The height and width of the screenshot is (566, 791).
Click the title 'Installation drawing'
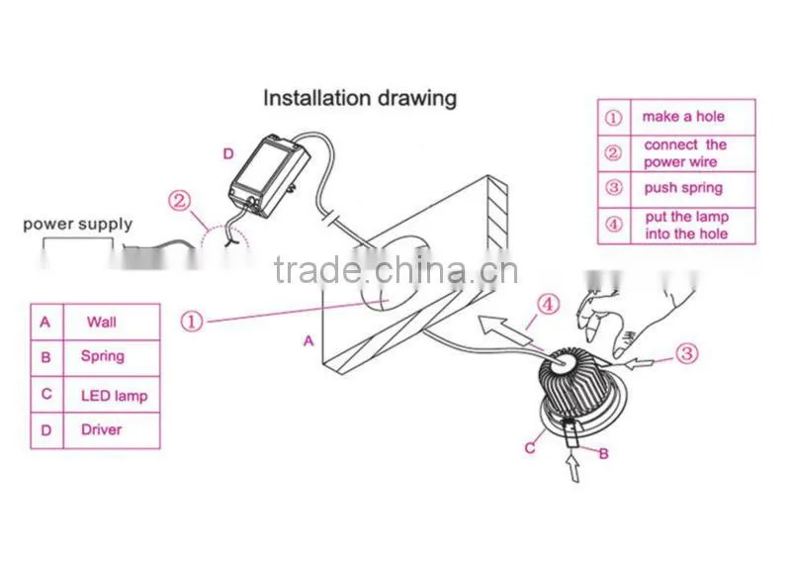pos(360,98)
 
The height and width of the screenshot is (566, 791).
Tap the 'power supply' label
pos(78,224)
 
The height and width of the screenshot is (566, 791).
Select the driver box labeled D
pos(268,174)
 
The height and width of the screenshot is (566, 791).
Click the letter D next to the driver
pos(228,154)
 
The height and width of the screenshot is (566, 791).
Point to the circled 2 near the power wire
pos(180,201)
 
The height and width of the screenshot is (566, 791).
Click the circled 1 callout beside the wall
pos(192,322)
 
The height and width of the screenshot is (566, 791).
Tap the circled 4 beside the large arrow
pos(548,305)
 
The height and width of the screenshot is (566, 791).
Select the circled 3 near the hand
pos(686,353)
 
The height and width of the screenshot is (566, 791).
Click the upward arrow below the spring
pos(572,468)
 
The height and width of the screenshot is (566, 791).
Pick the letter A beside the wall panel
pos(308,341)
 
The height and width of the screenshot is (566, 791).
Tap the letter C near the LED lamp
pos(530,448)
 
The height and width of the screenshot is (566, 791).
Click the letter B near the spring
pos(603,454)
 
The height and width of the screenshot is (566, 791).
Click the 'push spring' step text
pos(683,188)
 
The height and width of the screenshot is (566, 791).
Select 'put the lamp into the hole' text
pos(686,226)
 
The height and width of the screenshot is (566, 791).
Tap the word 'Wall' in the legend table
pos(102,322)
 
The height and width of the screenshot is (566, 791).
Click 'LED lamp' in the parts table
pos(114,396)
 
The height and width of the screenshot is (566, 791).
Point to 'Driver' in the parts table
pos(102,429)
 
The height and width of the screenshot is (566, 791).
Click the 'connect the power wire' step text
pos(685,153)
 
